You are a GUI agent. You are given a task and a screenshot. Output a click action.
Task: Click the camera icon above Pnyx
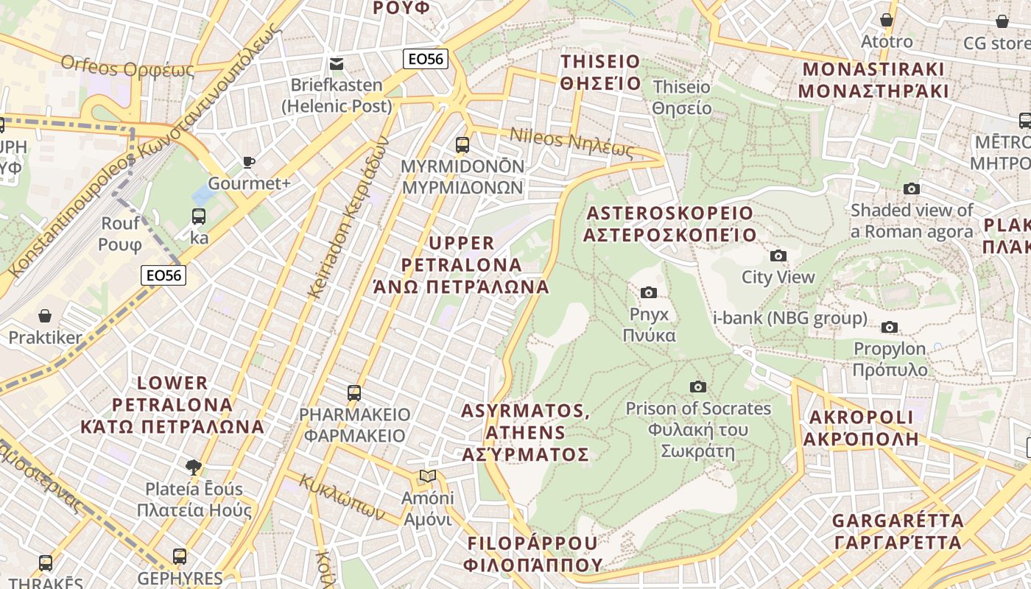(649, 292)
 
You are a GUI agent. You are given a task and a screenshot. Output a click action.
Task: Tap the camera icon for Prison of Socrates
(697, 387)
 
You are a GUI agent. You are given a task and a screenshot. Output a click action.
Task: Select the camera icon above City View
(778, 255)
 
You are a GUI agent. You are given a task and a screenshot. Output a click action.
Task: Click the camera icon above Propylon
(890, 327)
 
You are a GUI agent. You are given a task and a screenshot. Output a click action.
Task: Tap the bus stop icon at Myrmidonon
(462, 144)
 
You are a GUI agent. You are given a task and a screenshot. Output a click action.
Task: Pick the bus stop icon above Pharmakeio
(354, 392)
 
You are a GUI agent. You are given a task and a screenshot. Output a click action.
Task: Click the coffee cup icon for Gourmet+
(249, 162)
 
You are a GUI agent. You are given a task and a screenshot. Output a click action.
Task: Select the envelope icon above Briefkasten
(337, 63)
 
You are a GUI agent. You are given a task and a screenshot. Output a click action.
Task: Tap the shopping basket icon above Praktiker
(45, 316)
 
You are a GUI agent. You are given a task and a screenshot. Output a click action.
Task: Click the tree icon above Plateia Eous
(194, 466)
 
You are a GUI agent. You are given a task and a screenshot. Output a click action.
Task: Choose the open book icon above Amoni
(427, 476)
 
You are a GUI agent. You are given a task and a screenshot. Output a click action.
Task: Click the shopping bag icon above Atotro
(887, 20)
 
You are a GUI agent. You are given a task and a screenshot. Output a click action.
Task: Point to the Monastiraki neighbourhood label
(873, 80)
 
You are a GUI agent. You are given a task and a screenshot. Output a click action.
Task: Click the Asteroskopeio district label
(669, 224)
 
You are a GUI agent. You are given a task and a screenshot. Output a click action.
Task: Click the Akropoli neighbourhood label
(861, 428)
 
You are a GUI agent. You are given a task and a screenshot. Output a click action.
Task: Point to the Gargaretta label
(897, 532)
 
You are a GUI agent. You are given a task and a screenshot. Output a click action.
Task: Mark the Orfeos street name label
(127, 68)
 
